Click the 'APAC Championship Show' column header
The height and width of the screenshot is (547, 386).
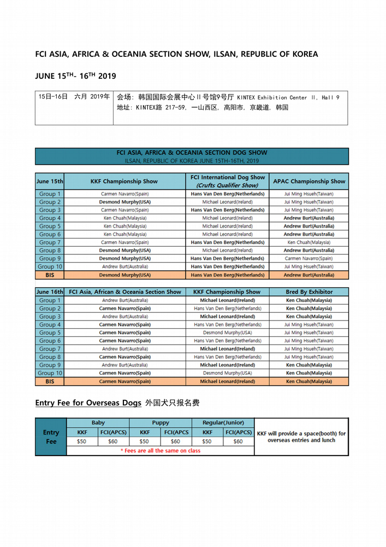click(308, 181)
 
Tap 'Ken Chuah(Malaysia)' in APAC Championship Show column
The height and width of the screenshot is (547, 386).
click(308, 242)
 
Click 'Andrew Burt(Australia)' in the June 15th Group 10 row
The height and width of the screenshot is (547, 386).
click(126, 266)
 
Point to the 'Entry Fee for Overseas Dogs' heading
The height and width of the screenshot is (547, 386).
click(88, 403)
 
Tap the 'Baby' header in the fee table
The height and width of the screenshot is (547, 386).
click(98, 422)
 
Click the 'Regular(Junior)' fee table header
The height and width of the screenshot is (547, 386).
click(224, 422)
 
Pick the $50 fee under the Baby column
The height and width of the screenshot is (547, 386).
click(82, 441)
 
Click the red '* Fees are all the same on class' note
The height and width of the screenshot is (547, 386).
click(160, 451)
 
